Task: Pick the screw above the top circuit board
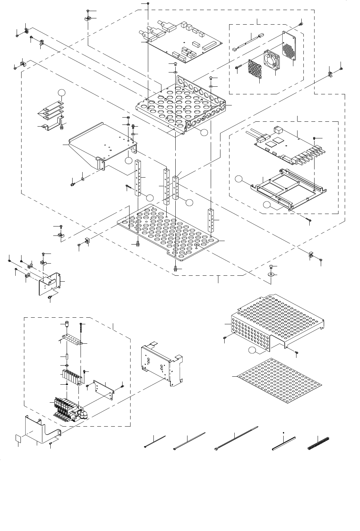[x=148, y=3]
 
